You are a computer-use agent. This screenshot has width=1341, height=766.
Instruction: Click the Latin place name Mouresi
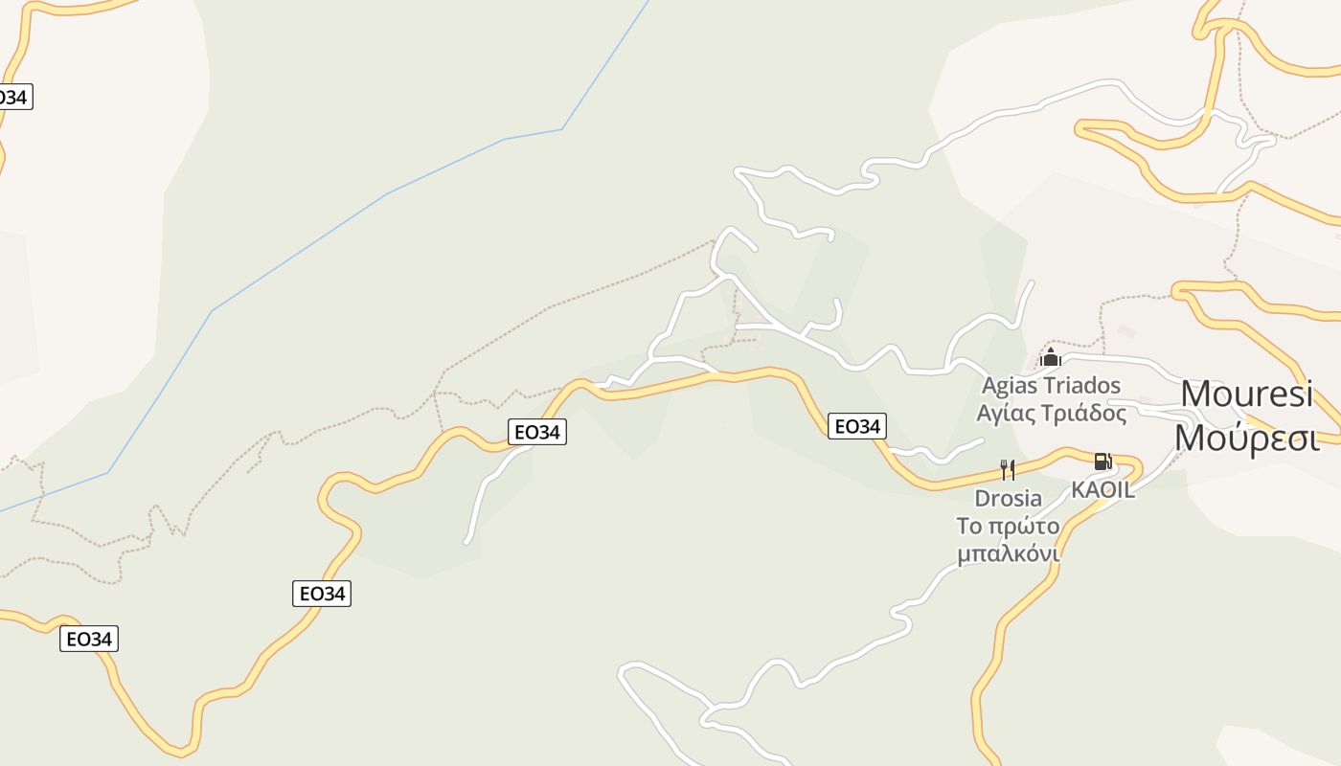click(1246, 394)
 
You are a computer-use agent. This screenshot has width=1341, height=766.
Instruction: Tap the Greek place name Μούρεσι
click(1246, 438)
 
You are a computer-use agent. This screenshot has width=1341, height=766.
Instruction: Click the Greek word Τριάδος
click(1082, 414)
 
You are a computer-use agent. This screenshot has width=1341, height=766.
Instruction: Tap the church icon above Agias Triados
click(1051, 359)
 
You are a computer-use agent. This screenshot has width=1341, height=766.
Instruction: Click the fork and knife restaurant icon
click(1008, 470)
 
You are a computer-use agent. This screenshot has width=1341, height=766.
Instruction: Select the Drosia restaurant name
click(1008, 498)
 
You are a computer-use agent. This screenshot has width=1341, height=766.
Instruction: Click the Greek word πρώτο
click(1022, 527)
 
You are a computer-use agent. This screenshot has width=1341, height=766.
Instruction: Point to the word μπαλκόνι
click(1008, 554)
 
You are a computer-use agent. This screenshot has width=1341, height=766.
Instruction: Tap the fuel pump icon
click(1102, 462)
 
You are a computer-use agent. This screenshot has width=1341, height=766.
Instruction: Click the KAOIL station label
click(1102, 489)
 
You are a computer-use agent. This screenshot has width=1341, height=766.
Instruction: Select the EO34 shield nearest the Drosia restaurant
click(856, 426)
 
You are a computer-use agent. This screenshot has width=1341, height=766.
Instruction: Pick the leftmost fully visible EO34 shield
click(89, 639)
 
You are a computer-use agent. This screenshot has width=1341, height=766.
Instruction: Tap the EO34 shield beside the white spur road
click(536, 432)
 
